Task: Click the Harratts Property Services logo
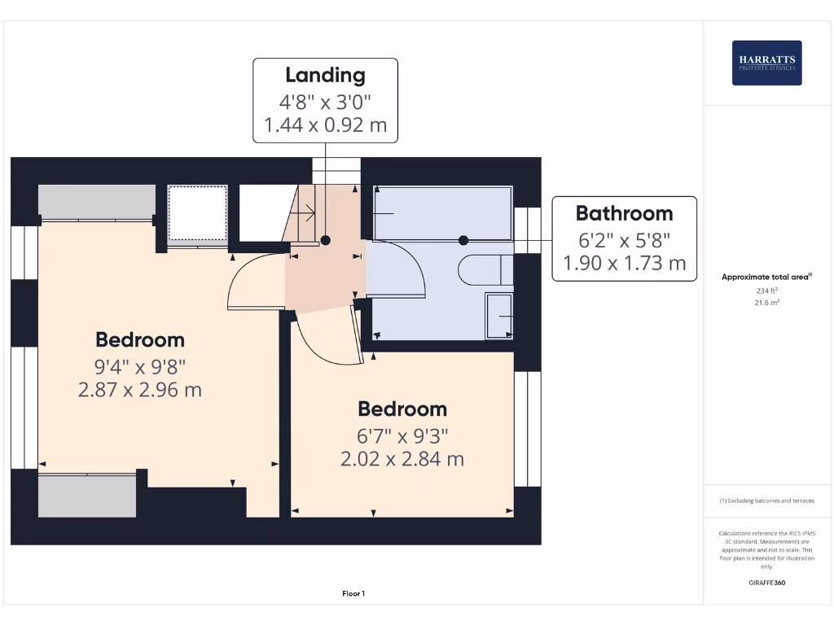[x=766, y=63]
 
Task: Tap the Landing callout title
[x=325, y=76]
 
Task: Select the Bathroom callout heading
[x=624, y=214]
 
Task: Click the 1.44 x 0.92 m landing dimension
[x=325, y=126]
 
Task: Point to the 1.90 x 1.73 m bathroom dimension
[x=624, y=263]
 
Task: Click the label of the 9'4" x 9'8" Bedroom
[x=140, y=339]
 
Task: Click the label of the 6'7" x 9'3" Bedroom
[x=402, y=409]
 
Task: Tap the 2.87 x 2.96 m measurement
[x=140, y=390]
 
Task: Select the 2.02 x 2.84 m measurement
[x=402, y=459]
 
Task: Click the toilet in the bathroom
[x=485, y=270]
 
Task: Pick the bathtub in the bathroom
[x=442, y=213]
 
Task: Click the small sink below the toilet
[x=498, y=315]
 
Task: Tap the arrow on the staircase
[x=308, y=215]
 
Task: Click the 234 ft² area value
[x=766, y=290]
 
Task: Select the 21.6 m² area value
[x=766, y=302]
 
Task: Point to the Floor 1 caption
[x=353, y=594]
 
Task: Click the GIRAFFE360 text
[x=766, y=583]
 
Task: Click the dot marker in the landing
[x=325, y=240]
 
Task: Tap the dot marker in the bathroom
[x=463, y=240]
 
